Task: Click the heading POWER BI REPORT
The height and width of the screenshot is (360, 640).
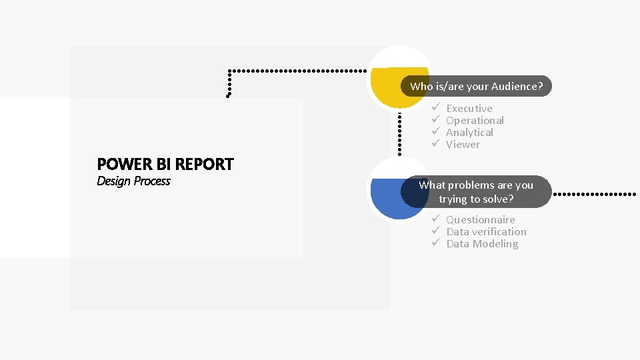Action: point(165,164)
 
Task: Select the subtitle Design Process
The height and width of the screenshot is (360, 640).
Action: point(133,181)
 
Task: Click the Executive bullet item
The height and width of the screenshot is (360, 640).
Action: point(469,108)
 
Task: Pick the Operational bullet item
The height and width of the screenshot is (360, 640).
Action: point(475,120)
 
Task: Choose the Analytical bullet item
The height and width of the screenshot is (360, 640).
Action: point(469,132)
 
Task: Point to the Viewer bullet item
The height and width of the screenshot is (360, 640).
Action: point(463,144)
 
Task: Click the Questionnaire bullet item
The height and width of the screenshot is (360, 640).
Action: point(480,219)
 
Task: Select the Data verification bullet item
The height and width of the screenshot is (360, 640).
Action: point(486,231)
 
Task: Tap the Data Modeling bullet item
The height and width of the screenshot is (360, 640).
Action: point(482,243)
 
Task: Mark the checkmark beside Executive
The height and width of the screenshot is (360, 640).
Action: point(434,108)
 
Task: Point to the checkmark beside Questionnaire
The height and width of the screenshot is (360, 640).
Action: point(434,219)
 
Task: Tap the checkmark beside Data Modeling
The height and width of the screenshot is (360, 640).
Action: point(434,243)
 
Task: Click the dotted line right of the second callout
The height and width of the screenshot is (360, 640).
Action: point(595,194)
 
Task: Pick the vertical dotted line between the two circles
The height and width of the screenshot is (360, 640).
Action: point(399,133)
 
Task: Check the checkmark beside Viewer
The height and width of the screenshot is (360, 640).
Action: point(434,144)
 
